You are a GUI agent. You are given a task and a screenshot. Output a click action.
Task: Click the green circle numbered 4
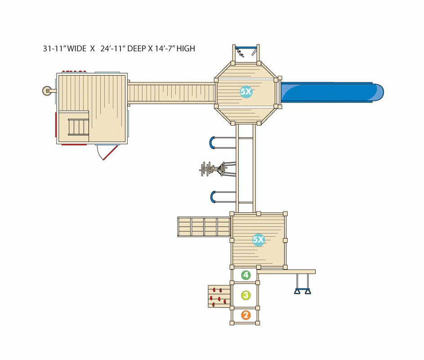tap(246, 275)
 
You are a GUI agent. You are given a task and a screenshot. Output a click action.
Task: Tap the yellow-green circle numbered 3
tap(246, 295)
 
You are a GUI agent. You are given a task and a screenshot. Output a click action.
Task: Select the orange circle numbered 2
tap(246, 315)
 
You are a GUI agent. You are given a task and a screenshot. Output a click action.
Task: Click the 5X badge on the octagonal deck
tap(246, 92)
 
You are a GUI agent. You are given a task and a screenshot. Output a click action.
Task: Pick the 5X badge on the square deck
tap(259, 239)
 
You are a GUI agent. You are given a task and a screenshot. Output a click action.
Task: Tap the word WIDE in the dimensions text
tap(77, 49)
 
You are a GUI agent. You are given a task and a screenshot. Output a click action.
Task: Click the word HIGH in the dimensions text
tap(186, 49)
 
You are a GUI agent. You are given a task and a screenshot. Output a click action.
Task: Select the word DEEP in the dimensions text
tap(136, 49)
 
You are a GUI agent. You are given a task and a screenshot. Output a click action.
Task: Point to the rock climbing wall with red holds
tap(219, 297)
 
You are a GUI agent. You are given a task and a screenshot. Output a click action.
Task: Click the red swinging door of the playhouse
tap(110, 153)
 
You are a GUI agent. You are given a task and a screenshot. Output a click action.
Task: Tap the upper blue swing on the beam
tap(223, 143)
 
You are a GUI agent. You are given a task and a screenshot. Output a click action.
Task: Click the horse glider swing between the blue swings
tap(218, 170)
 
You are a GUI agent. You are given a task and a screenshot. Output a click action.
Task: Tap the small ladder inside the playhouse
tap(78, 127)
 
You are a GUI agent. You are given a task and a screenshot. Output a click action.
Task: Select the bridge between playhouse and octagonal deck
tap(171, 93)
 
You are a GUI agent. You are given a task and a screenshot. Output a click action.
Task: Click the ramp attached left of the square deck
tap(204, 227)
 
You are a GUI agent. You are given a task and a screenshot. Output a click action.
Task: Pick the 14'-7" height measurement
tap(165, 49)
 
